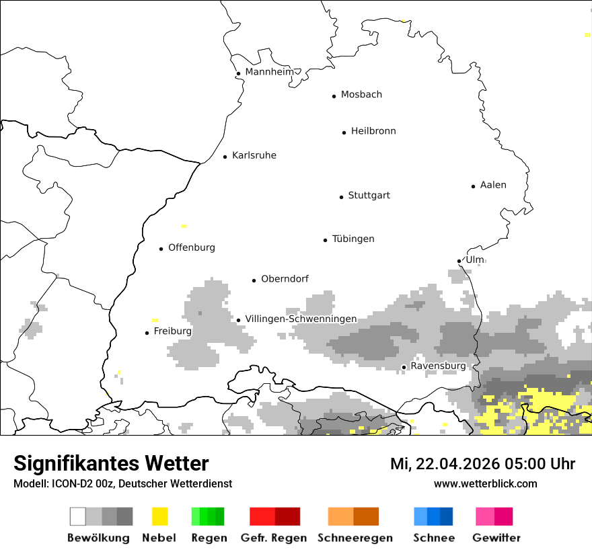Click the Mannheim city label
click(270, 72)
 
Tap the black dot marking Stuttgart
click(341, 197)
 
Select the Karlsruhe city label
click(254, 155)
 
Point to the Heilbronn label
click(373, 131)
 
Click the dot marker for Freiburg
click(147, 333)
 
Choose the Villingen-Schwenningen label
click(301, 319)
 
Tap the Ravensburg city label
click(438, 366)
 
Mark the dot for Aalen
click(473, 186)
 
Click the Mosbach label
click(361, 95)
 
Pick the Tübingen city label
click(353, 239)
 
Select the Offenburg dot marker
click(161, 249)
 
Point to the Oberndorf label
click(285, 278)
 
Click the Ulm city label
click(474, 260)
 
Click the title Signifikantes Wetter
click(111, 463)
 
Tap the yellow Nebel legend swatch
click(159, 516)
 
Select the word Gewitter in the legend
click(496, 538)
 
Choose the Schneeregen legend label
click(355, 538)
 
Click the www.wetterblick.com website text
click(485, 483)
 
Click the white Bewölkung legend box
click(78, 516)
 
